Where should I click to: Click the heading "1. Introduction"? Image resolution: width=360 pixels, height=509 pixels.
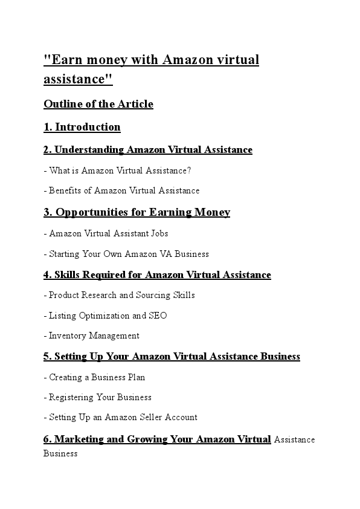[x=82, y=127]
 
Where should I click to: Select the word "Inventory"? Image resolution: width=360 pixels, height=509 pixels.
[x=68, y=336]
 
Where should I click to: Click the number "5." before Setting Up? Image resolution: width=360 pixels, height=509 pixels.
[x=47, y=357]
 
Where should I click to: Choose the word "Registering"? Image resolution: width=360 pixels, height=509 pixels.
[x=72, y=397]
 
